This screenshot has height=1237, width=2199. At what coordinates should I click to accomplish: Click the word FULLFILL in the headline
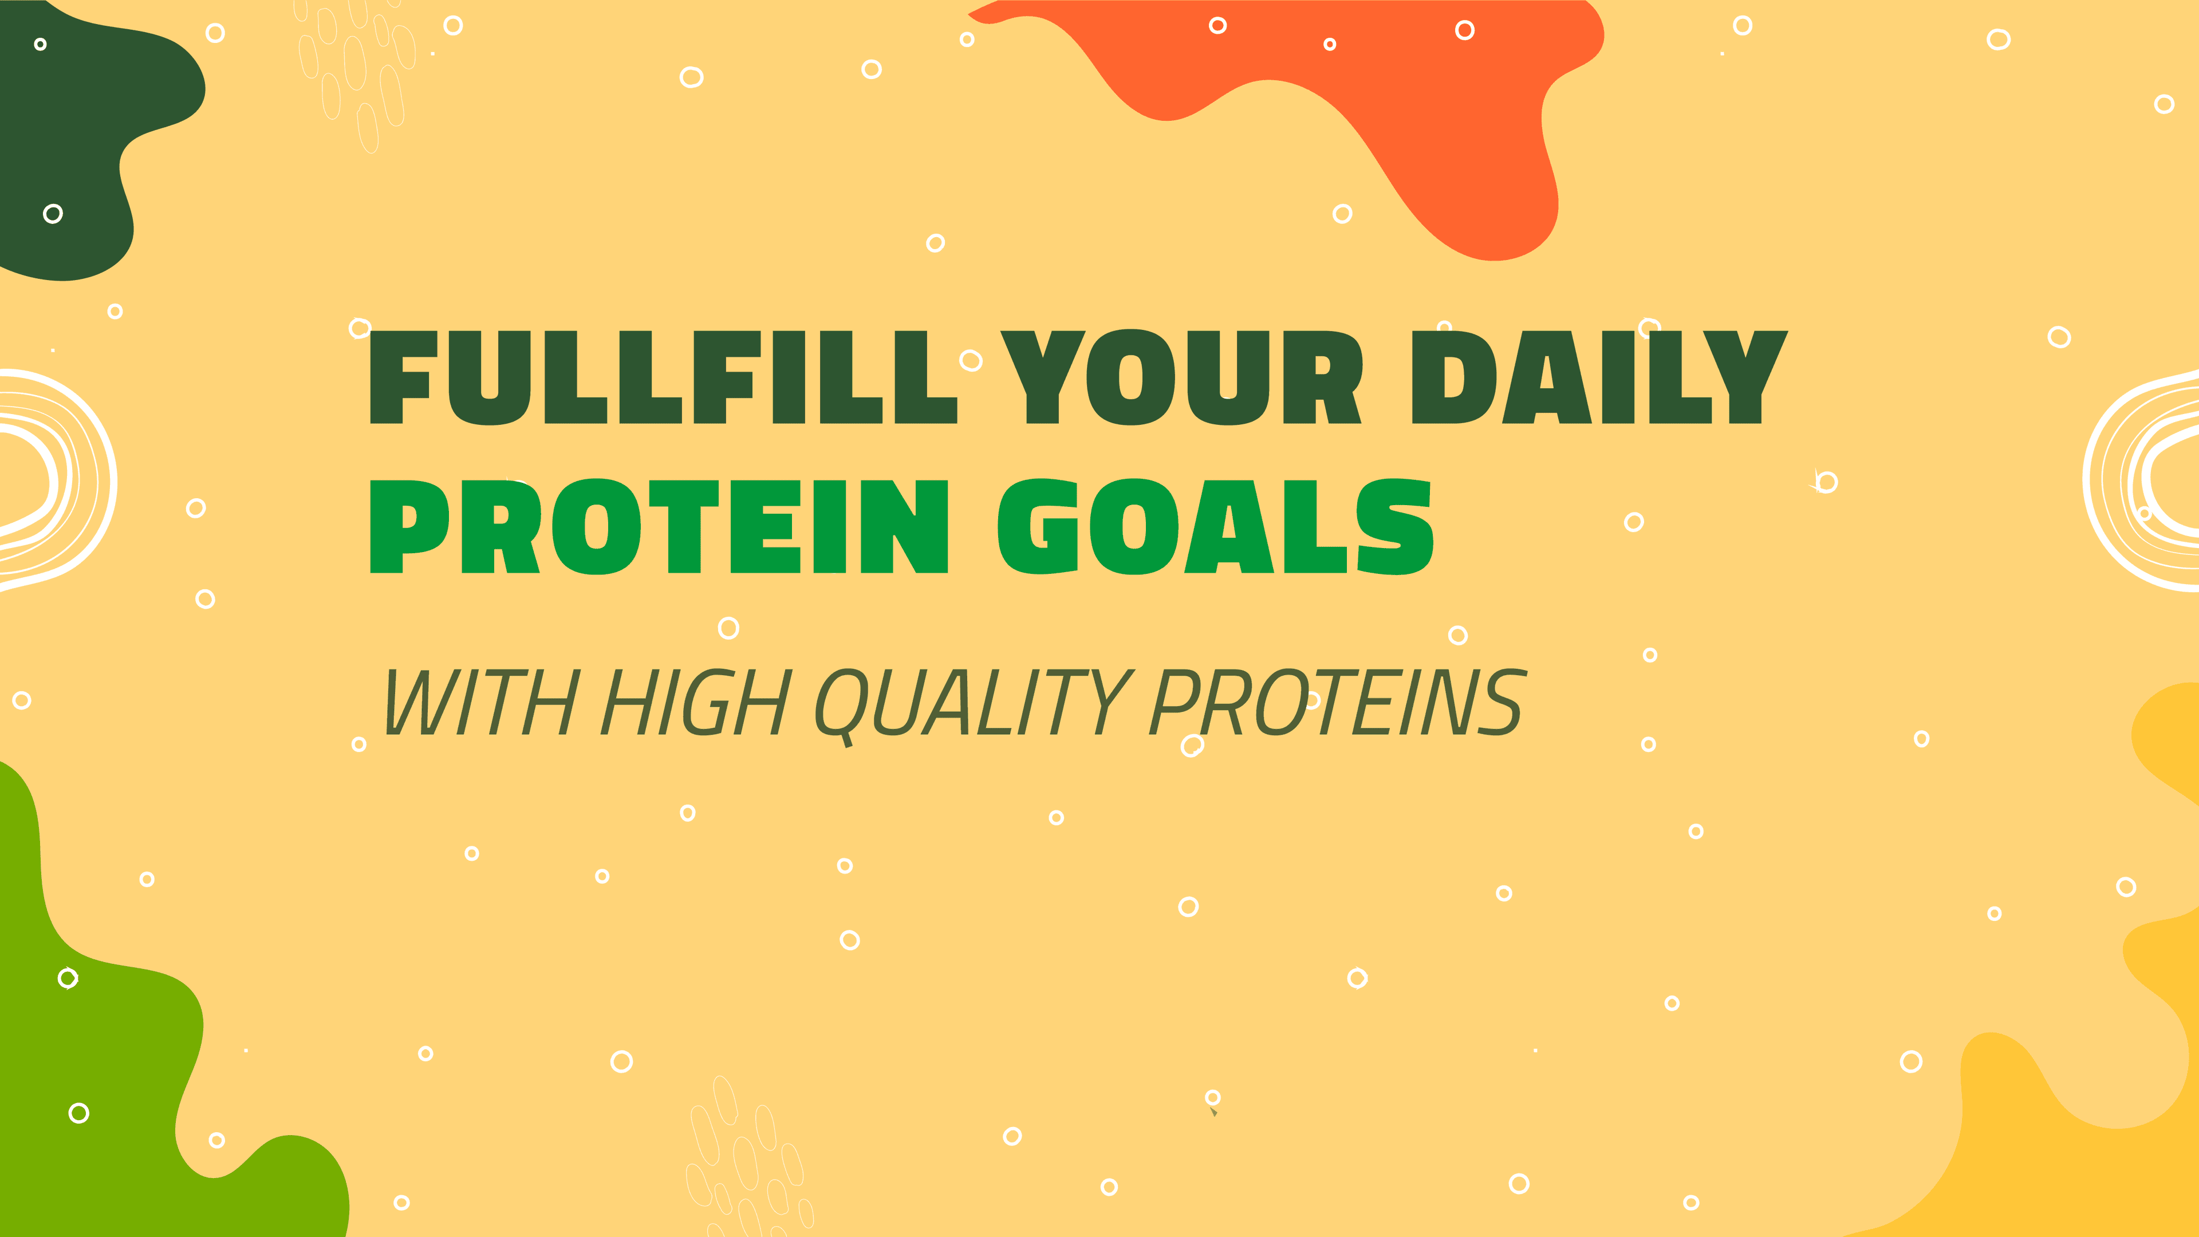tap(663, 377)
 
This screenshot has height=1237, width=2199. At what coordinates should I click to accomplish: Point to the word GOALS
tap(1216, 527)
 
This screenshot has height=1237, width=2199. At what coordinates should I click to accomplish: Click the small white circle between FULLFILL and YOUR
tap(971, 360)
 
